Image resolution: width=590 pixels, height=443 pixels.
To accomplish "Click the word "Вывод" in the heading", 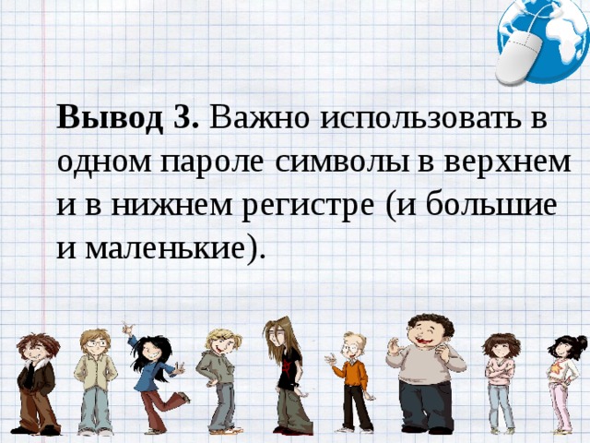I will [110, 119].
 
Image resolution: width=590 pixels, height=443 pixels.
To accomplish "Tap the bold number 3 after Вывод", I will [184, 119].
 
